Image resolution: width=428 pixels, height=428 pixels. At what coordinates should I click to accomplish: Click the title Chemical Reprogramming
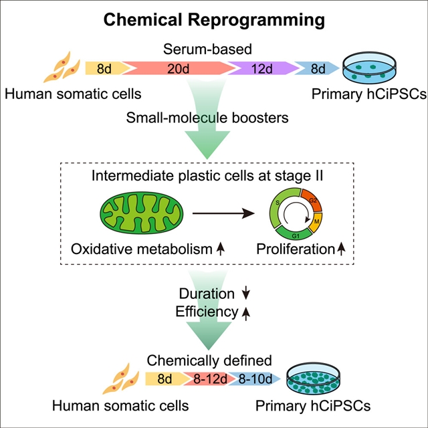click(214, 20)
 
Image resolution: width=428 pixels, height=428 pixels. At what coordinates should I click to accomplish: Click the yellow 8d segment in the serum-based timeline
click(104, 68)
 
